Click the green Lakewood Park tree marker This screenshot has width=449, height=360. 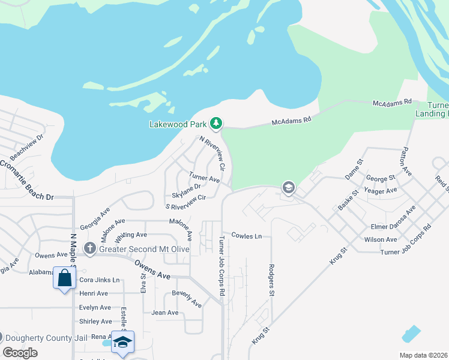(216, 124)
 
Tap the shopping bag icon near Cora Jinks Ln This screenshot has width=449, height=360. (64, 277)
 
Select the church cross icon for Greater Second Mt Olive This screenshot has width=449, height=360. (90, 249)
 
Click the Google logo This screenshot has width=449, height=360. (20, 353)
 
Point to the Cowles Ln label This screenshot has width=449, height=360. (247, 236)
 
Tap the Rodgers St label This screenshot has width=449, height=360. (271, 281)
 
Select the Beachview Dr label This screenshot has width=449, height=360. (27, 146)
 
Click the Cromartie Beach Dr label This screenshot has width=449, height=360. (27, 180)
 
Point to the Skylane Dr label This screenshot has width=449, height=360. (186, 187)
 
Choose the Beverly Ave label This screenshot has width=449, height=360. (187, 298)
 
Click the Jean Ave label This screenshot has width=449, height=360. (165, 313)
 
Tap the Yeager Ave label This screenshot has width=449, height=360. (381, 190)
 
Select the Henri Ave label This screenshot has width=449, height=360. (94, 293)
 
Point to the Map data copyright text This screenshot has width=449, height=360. (423, 355)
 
